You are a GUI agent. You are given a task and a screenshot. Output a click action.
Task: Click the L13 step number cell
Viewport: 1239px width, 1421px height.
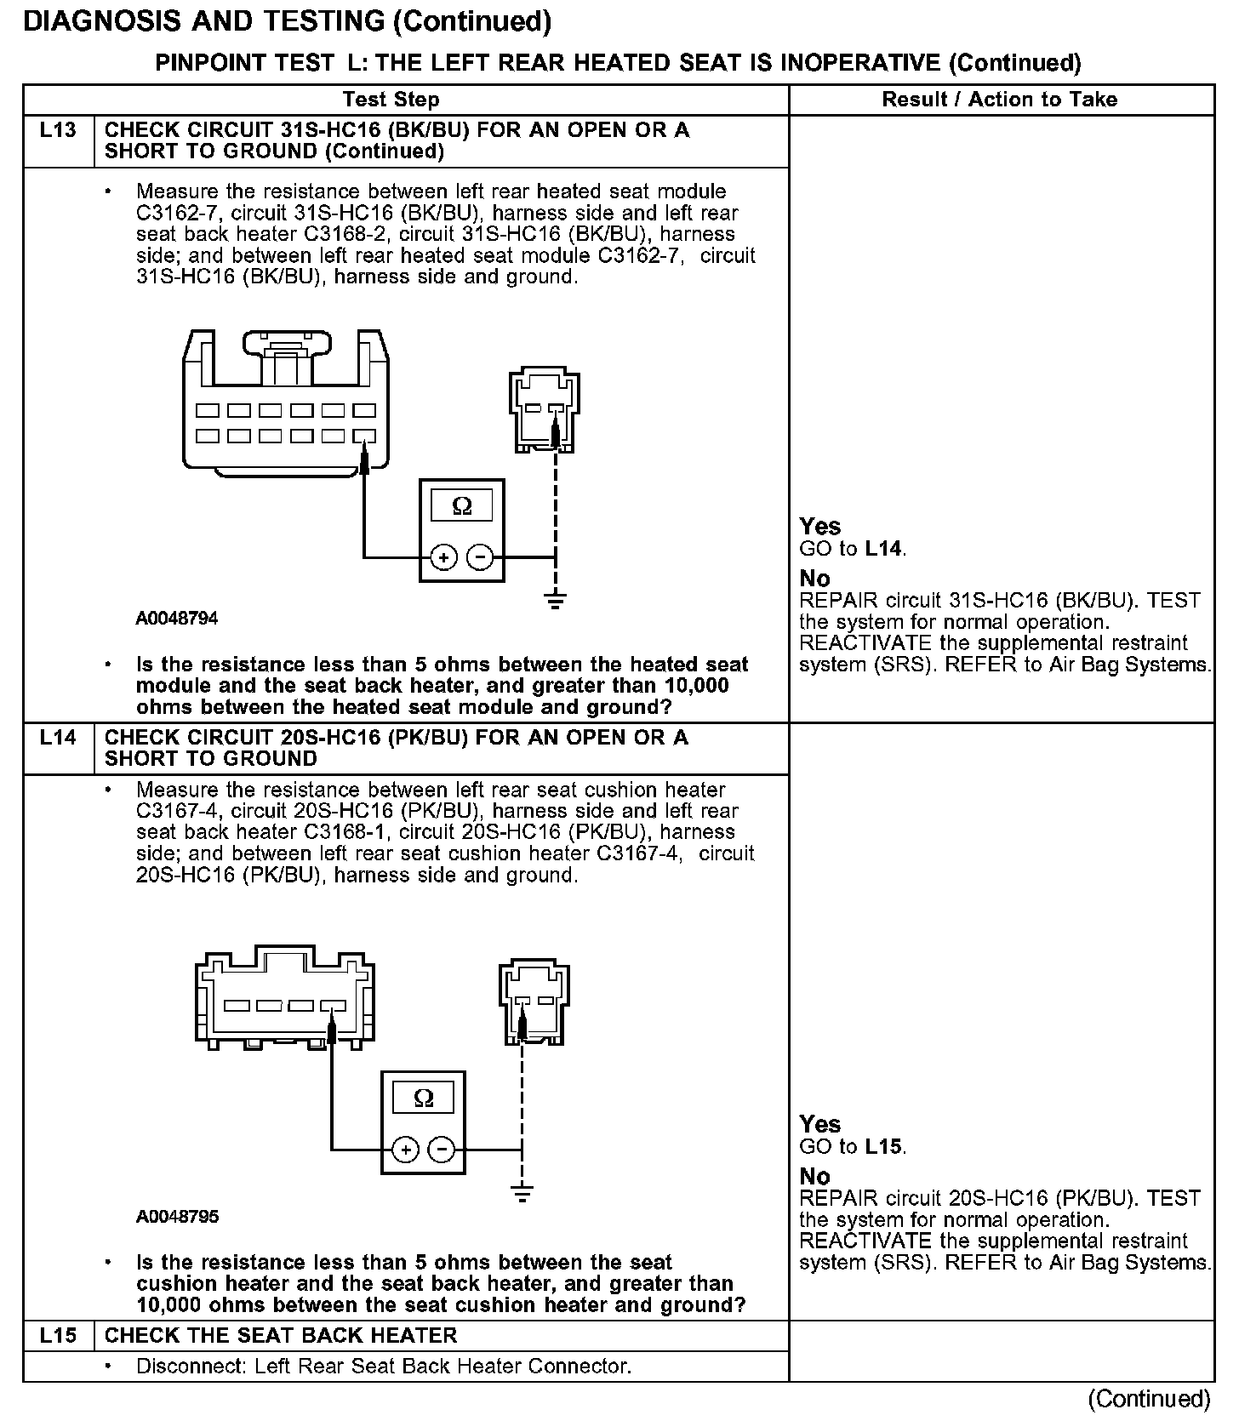click(x=58, y=131)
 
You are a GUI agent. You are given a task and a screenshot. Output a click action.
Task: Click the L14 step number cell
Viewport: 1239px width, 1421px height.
click(x=58, y=738)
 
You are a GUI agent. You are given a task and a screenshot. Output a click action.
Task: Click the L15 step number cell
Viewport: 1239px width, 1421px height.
click(x=58, y=1335)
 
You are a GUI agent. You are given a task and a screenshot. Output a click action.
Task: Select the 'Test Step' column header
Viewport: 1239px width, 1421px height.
click(x=391, y=100)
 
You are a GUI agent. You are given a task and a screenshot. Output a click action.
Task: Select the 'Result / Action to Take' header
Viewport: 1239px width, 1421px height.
click(x=999, y=100)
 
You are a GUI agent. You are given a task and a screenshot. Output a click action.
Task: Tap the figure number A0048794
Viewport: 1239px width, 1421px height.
click(x=177, y=619)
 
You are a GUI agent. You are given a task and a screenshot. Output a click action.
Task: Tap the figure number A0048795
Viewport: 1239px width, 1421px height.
click(x=177, y=1217)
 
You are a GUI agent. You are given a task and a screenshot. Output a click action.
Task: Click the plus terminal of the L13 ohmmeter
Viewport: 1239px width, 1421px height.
click(x=443, y=557)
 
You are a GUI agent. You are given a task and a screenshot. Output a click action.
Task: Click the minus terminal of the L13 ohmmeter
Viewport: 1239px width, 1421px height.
click(x=481, y=557)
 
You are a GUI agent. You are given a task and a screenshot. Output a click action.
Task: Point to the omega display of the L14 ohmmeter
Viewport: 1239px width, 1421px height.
click(x=423, y=1099)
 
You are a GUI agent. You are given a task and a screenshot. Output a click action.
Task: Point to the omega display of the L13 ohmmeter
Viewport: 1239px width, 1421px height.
click(x=462, y=506)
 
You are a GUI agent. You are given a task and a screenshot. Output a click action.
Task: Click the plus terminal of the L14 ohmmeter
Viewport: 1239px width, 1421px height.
click(x=405, y=1150)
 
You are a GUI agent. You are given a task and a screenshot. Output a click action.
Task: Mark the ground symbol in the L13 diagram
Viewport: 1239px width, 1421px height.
click(x=556, y=602)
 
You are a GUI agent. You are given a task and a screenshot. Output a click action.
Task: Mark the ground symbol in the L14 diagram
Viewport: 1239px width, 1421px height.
click(x=522, y=1194)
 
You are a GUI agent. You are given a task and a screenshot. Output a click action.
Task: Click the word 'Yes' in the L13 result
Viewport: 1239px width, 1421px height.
click(x=820, y=527)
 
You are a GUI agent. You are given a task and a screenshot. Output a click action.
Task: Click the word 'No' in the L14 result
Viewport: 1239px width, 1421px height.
click(x=814, y=1177)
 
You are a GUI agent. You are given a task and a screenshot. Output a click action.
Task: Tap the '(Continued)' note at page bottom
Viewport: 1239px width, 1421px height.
click(x=1148, y=1398)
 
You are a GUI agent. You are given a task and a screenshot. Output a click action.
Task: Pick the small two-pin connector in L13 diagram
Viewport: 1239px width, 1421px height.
click(x=545, y=410)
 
